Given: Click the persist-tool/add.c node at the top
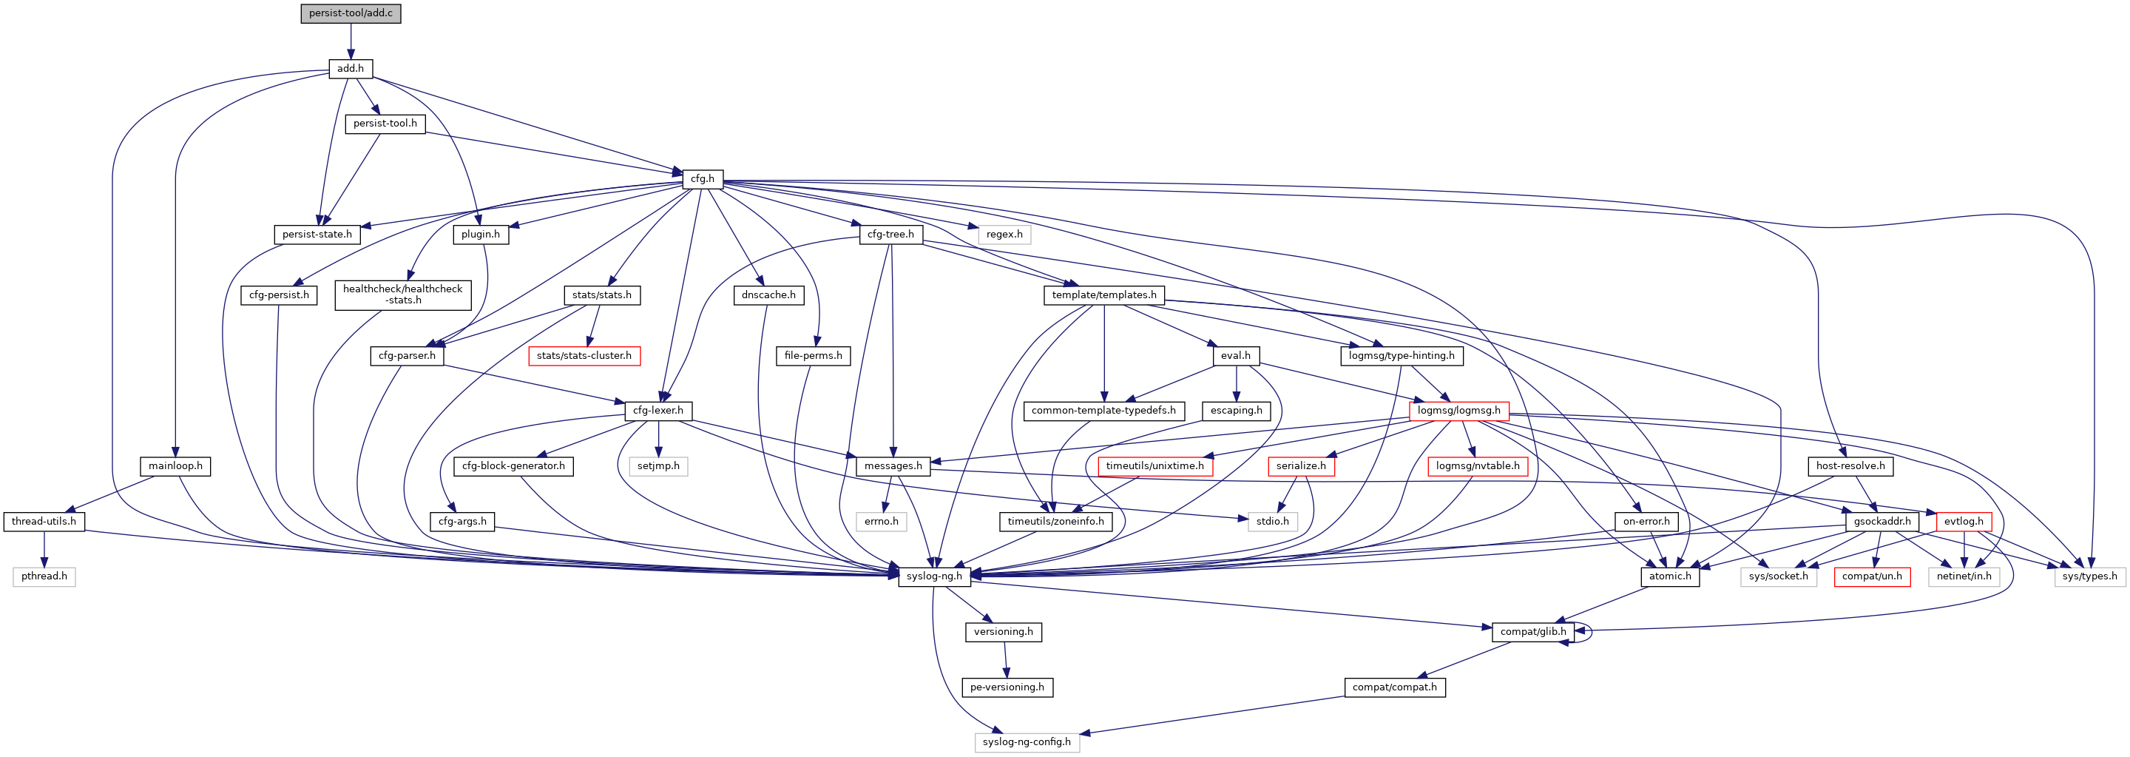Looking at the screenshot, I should coord(351,13).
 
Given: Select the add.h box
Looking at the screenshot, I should coord(351,69).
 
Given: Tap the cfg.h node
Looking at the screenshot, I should coord(702,178).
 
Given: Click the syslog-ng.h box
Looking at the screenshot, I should coord(933,576).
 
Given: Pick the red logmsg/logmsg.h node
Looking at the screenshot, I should coord(1458,411).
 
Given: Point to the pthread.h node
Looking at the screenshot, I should coord(44,576).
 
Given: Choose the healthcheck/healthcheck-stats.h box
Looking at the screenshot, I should coord(402,295).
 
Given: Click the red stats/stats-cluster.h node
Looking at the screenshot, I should coord(584,356).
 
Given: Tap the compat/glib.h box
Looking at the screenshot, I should coord(1532,631).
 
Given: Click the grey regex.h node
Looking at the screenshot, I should coord(1004,234).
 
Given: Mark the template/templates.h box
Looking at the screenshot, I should coord(1104,295).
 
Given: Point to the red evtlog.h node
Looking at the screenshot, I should coord(1963,521).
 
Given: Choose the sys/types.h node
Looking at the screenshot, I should coord(2089,576).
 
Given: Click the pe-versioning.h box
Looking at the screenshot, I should coord(1007,687).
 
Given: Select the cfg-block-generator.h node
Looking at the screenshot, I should coord(513,465).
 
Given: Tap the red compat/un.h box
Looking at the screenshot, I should coord(1871,576).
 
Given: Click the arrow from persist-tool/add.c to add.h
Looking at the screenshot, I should coord(351,41).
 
